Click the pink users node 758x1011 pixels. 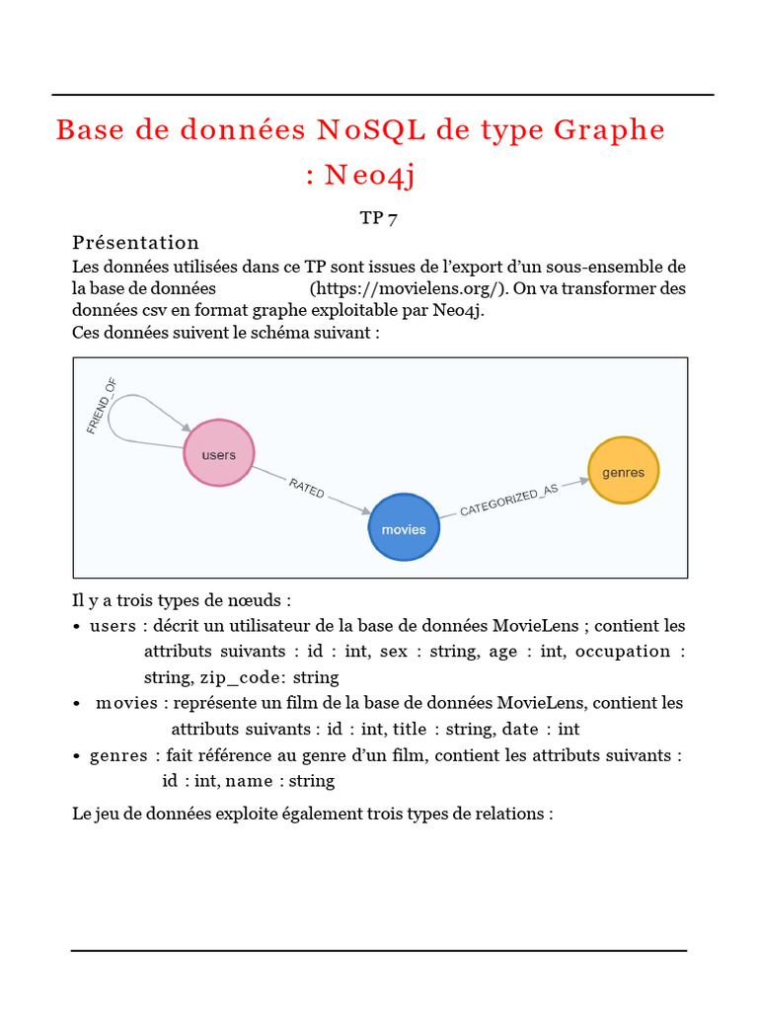pyautogui.click(x=219, y=453)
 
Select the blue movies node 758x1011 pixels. pyautogui.click(x=404, y=527)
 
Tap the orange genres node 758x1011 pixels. pyautogui.click(x=623, y=471)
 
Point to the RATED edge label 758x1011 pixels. pyautogui.click(x=306, y=487)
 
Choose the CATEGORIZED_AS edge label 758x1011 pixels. pyautogui.click(x=508, y=501)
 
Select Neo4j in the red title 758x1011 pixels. pyautogui.click(x=370, y=176)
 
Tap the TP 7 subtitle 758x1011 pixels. pyautogui.click(x=379, y=218)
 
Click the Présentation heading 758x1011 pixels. pyautogui.click(x=135, y=243)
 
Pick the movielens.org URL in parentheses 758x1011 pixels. pyautogui.click(x=408, y=288)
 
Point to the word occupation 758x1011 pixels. pyautogui.click(x=623, y=652)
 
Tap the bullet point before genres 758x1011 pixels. pyautogui.click(x=77, y=756)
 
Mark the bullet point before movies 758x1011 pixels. pyautogui.click(x=77, y=704)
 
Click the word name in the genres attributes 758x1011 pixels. pyautogui.click(x=250, y=781)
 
